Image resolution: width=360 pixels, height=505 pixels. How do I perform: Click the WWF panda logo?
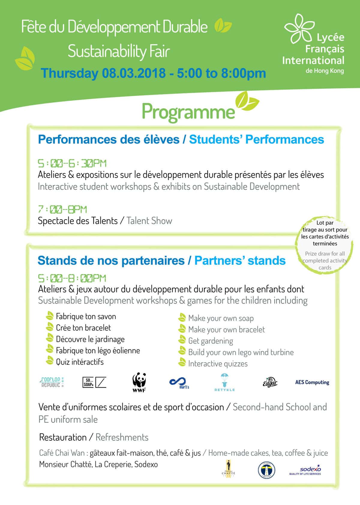pos(139,382)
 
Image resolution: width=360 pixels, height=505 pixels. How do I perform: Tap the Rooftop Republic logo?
pos(52,382)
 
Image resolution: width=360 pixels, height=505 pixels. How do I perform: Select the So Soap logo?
pos(94,382)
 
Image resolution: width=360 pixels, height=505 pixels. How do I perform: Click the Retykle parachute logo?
pos(224,382)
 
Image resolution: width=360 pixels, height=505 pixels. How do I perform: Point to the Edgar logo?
pos(270,382)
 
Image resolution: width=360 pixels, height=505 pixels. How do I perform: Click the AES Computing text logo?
pos(312,382)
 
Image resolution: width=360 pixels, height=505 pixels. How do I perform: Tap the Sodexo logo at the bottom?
pos(305,470)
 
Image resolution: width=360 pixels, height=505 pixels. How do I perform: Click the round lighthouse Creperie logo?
pos(266,470)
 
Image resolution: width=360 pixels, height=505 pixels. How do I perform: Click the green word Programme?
pos(188,112)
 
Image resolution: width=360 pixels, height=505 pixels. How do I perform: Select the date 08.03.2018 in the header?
pos(133,73)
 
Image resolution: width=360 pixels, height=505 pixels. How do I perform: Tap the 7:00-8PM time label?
pos(62,209)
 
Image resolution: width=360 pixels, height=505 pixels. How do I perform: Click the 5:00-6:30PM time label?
pos(72,163)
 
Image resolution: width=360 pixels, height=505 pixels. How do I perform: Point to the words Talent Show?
pos(149,221)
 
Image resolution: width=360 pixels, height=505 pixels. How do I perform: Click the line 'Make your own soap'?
pos(221,318)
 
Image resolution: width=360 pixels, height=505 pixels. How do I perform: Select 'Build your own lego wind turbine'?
pos(241,352)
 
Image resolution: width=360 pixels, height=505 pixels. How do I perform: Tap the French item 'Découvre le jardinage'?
pos(90,339)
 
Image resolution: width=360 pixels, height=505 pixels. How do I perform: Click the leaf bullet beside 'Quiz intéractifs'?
pos(49,361)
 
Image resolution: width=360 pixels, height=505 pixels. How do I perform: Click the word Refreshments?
pos(122,437)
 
